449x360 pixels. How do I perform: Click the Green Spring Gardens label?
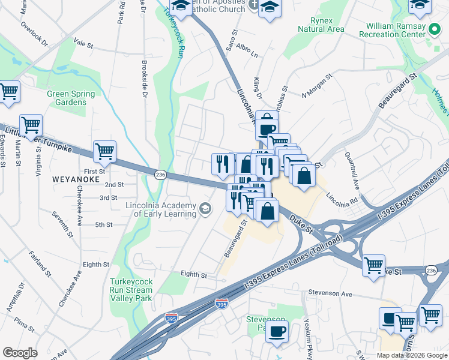click(x=71, y=98)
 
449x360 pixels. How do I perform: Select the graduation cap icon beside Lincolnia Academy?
click(x=205, y=208)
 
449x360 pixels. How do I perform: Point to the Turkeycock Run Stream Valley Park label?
click(x=131, y=290)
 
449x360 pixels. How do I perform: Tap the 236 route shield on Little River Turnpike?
click(x=160, y=174)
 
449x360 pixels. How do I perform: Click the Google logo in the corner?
click(x=20, y=353)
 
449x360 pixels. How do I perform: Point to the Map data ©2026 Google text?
click(x=412, y=355)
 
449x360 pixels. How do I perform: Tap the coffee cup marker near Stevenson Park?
click(x=277, y=331)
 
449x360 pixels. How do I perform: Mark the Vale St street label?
click(x=83, y=44)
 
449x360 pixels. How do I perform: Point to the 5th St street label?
click(x=103, y=225)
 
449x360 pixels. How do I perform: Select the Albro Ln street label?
click(x=247, y=53)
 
